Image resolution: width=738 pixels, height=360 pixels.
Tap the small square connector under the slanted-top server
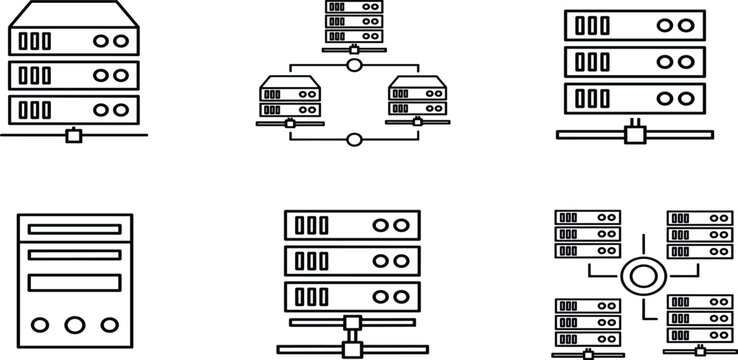pyautogui.click(x=73, y=135)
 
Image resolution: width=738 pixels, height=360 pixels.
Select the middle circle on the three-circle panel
pyautogui.click(x=75, y=324)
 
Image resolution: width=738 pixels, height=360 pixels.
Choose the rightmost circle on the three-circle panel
pyautogui.click(x=107, y=324)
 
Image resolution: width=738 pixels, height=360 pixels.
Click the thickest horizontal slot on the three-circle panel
pyautogui.click(x=75, y=281)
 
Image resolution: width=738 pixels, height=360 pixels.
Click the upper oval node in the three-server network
pyautogui.click(x=353, y=67)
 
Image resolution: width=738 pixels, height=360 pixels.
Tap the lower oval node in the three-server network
pyautogui.click(x=353, y=139)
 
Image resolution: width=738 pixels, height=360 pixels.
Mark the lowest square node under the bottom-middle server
pyautogui.click(x=352, y=349)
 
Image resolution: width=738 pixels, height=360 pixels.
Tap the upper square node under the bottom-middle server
pyautogui.click(x=352, y=323)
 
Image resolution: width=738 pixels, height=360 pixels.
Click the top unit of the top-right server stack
pyautogui.click(x=635, y=25)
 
